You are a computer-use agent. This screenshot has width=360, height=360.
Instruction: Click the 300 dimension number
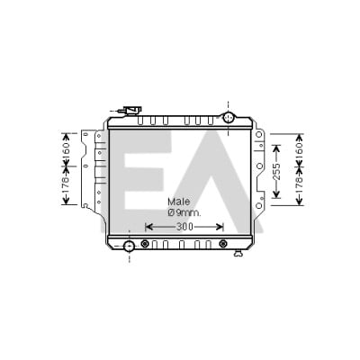[184, 227]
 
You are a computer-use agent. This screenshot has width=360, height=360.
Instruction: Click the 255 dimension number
[276, 172]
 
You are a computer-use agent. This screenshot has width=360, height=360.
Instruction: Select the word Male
[179, 202]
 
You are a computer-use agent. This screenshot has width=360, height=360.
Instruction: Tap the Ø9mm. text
[184, 213]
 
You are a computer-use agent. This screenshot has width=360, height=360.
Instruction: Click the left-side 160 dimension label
[66, 149]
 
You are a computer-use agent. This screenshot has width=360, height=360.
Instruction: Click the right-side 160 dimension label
[299, 149]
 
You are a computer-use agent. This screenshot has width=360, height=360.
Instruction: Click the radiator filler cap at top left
[132, 111]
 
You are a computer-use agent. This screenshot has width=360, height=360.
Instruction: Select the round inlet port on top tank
[229, 117]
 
